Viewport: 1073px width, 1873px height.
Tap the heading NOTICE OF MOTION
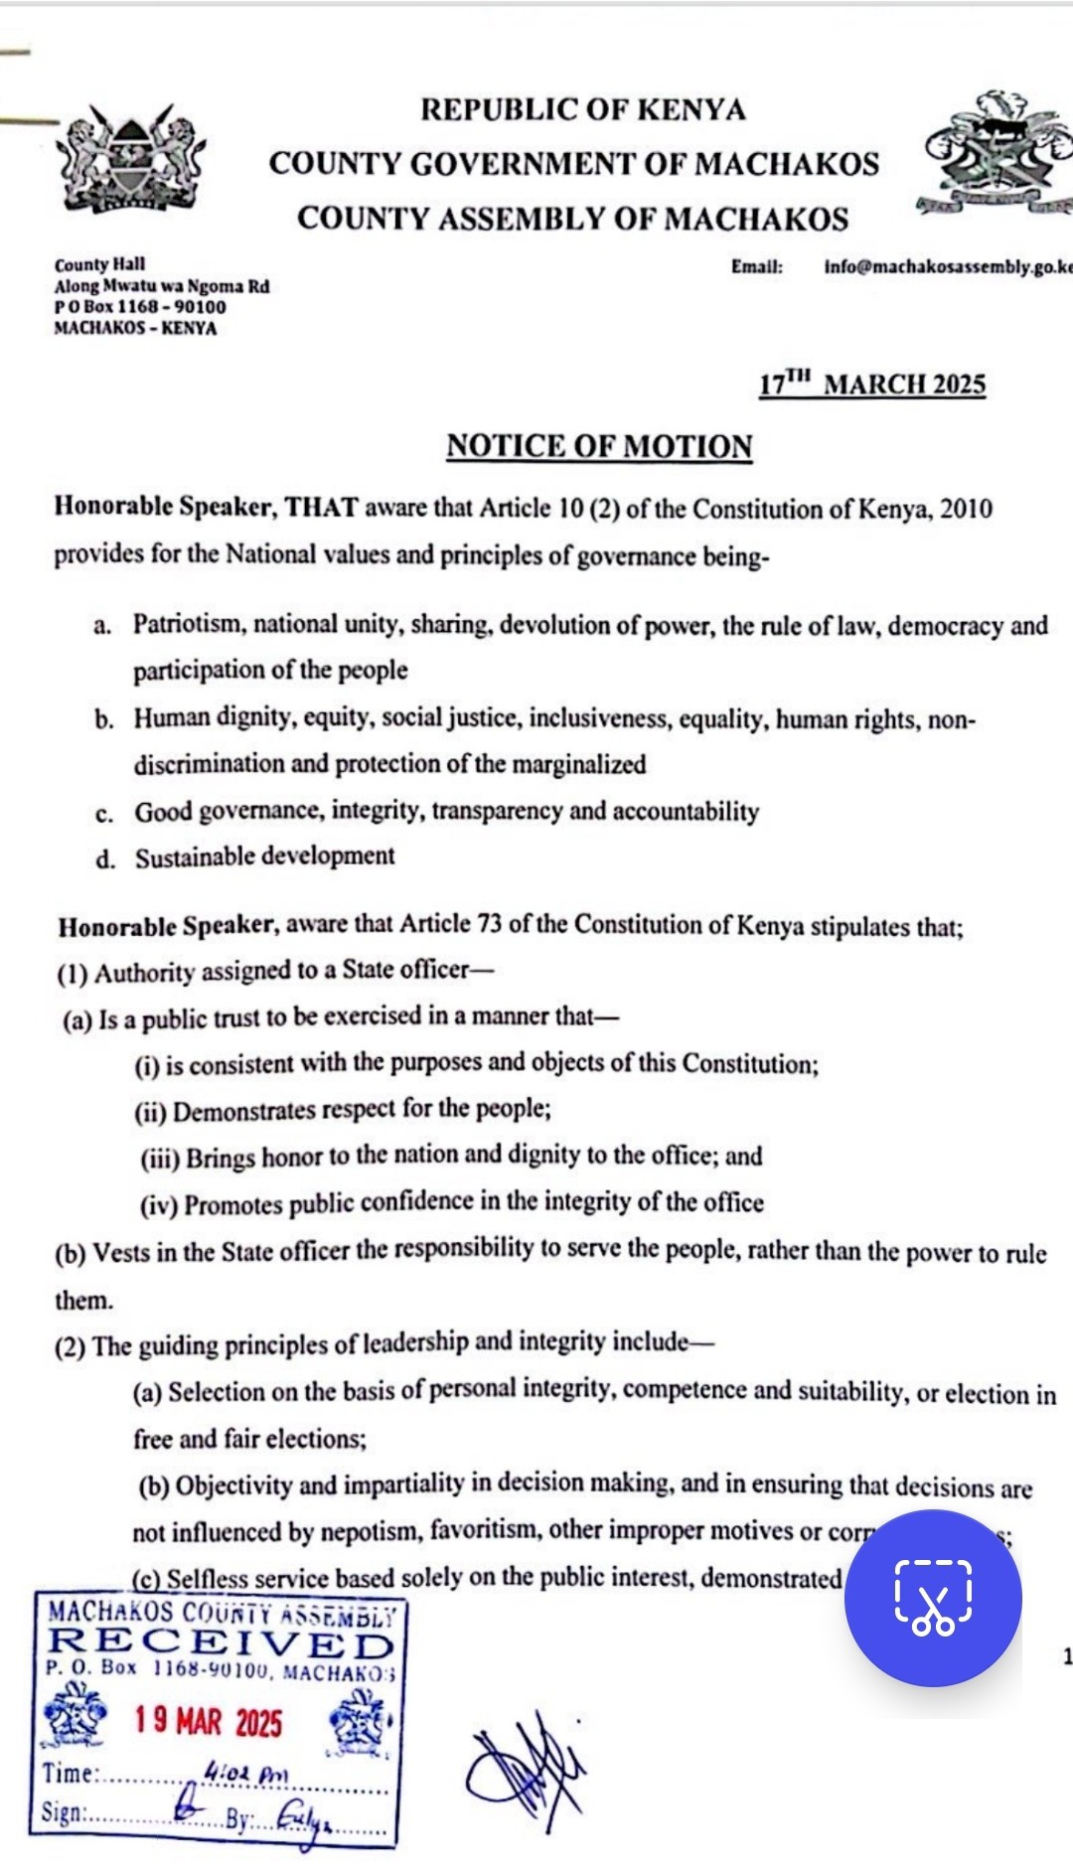(x=599, y=446)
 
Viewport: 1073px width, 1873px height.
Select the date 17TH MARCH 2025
(x=872, y=385)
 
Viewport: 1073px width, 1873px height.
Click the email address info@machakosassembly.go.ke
(x=948, y=267)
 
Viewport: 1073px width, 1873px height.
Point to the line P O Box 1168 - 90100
(x=140, y=307)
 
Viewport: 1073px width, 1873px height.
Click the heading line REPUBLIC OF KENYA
(x=582, y=109)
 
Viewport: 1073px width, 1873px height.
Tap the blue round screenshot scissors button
(x=932, y=1598)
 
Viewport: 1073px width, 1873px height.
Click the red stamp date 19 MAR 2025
(x=209, y=1722)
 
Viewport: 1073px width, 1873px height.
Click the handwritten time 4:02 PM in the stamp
(x=244, y=1772)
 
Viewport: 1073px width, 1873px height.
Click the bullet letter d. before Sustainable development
(x=105, y=859)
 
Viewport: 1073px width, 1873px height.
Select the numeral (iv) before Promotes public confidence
(x=159, y=1205)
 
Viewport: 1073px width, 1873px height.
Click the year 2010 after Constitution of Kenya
(x=966, y=510)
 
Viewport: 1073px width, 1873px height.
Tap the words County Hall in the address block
(x=99, y=264)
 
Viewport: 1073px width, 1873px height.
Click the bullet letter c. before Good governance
(x=104, y=814)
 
